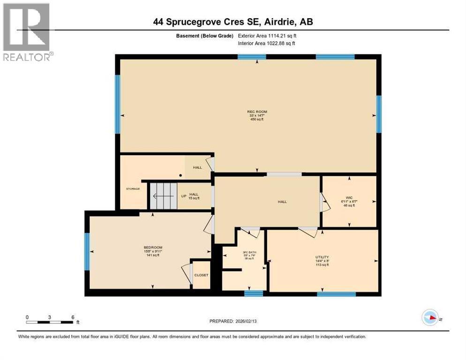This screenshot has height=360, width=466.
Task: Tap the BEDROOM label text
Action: point(153,247)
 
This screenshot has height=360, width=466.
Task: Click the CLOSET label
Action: point(201,275)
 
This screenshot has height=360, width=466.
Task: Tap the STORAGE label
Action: point(133,189)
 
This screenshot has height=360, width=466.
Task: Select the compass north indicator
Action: point(430,318)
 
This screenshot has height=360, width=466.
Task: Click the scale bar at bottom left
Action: point(50,322)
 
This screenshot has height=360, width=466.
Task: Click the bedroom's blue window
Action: point(87,252)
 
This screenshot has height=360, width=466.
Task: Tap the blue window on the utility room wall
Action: point(336,294)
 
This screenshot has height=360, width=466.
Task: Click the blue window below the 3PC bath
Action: point(254,293)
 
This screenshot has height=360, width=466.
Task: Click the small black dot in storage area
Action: point(180,176)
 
